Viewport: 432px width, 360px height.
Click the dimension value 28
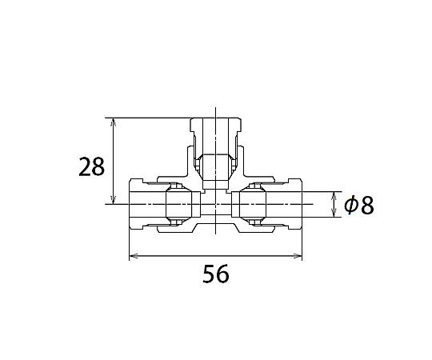point(91,166)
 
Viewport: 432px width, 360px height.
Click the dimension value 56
point(216,274)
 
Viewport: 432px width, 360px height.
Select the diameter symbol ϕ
point(351,205)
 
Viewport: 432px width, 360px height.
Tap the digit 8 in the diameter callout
point(367,206)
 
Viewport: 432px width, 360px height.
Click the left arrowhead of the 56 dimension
point(134,256)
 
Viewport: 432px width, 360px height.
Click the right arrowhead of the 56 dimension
point(298,256)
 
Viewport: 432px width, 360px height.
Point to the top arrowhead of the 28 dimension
point(114,122)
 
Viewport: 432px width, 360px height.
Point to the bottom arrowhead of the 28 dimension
point(114,200)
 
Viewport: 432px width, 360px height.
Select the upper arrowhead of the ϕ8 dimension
point(334,196)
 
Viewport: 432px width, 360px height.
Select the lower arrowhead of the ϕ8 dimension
point(334,213)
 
